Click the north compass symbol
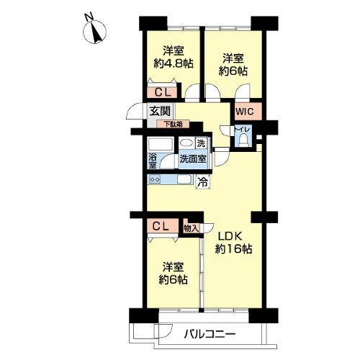[94, 31]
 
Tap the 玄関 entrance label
[160, 111]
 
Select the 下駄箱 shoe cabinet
[173, 124]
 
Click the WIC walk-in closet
[248, 112]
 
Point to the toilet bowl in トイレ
[243, 140]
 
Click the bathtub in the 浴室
[161, 145]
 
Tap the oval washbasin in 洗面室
[186, 143]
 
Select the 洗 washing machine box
[201, 143]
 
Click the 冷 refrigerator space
[203, 182]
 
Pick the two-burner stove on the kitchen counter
[155, 179]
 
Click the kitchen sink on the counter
[184, 179]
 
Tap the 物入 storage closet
[192, 228]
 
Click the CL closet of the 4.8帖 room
[162, 92]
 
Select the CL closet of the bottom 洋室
[163, 225]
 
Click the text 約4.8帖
[174, 63]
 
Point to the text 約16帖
[233, 249]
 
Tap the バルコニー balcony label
[210, 334]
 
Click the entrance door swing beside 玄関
[135, 111]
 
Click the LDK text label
[230, 236]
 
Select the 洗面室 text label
[193, 158]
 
